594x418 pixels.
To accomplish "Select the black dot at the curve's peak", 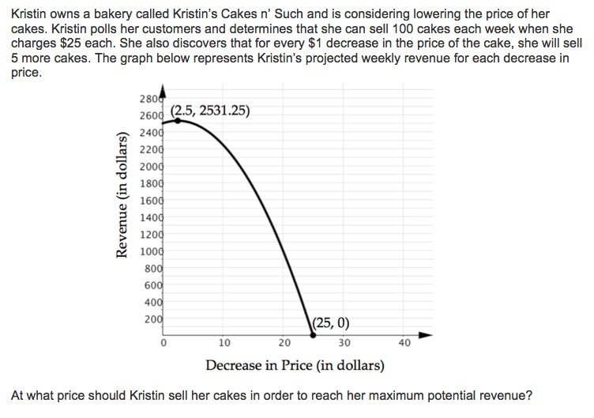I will pyautogui.click(x=178, y=120).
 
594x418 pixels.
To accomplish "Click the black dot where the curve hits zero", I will pyautogui.click(x=313, y=336).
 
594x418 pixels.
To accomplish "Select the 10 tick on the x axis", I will pyautogui.click(x=224, y=343).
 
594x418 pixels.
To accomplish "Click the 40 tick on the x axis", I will pyautogui.click(x=404, y=343).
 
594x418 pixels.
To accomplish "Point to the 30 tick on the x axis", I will pyautogui.click(x=344, y=343).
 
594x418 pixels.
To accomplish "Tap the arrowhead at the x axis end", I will pyautogui.click(x=427, y=336).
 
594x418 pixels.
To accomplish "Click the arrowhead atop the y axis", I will pyautogui.click(x=163, y=88).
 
